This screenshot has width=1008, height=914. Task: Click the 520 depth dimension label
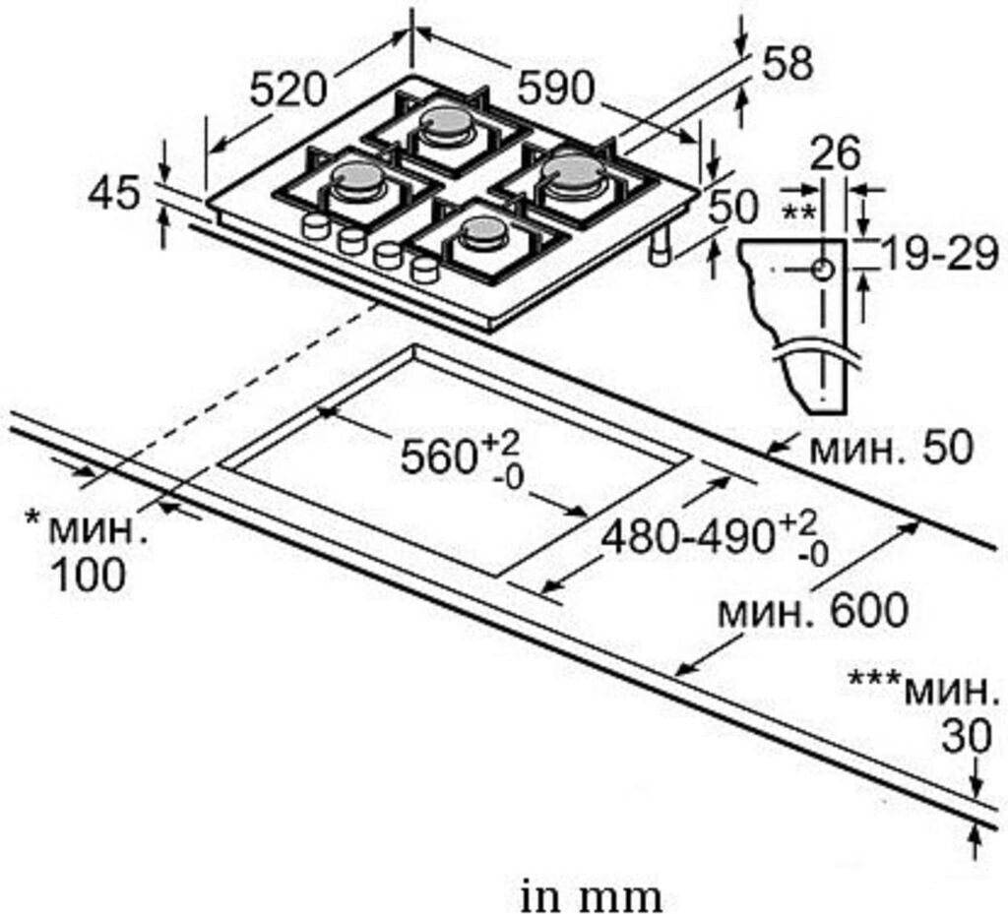(x=287, y=90)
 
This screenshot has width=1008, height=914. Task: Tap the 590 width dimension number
(x=556, y=90)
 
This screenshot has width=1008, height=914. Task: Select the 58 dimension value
(x=787, y=65)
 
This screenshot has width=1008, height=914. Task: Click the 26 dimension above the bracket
(x=835, y=152)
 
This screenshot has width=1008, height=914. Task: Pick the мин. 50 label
(x=890, y=449)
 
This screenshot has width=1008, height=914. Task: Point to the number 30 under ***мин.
(x=965, y=735)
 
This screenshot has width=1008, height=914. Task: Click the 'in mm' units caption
(x=591, y=896)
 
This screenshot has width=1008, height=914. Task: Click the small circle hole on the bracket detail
(x=823, y=268)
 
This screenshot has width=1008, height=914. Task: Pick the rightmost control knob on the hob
(x=425, y=268)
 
